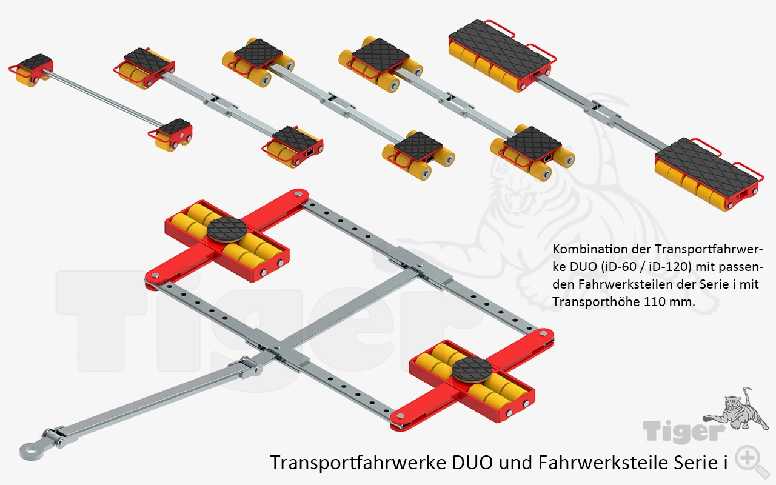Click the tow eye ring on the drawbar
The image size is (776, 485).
[27, 452]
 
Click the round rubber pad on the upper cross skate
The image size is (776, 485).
[227, 230]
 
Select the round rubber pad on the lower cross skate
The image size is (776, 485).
[472, 370]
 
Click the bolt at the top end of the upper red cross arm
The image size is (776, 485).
[298, 195]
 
